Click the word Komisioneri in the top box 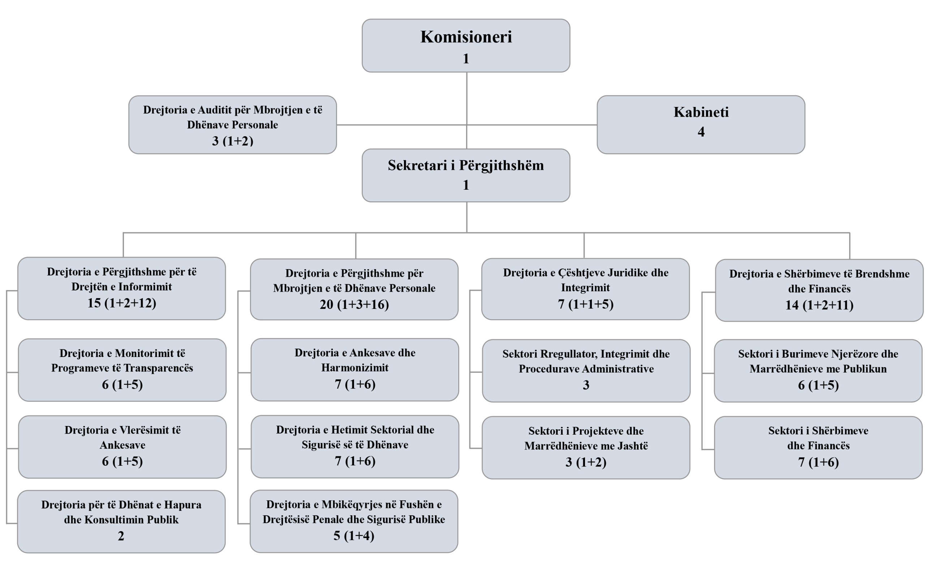pos(466,37)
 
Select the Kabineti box pos(701,124)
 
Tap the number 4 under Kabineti pos(701,132)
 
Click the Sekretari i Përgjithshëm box pos(466,175)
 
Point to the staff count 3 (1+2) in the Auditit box pos(232,141)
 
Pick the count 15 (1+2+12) pos(122,303)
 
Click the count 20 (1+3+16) pos(354,304)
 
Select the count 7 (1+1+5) pos(586,304)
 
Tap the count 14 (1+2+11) pos(819,305)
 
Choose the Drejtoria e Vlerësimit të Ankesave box pos(122,447)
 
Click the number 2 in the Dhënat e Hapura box pos(121,536)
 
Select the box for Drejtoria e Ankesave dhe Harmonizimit pos(355,370)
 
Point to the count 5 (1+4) pos(354,535)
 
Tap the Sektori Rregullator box pos(586,370)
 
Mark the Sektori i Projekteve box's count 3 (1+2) pos(586,462)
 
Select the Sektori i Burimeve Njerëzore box pos(818,370)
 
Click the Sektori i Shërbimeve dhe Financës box pos(818,447)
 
